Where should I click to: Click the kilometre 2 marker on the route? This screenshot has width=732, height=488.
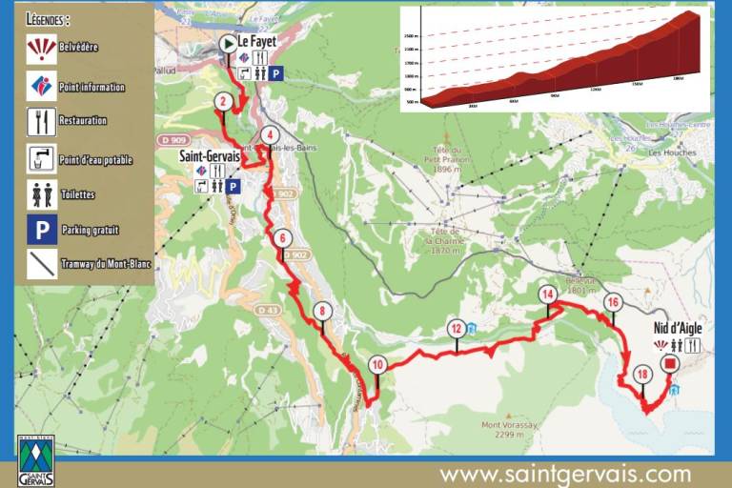(x=222, y=101)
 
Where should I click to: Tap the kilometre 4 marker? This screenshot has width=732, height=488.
(x=271, y=134)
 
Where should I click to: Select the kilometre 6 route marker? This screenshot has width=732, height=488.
(x=281, y=237)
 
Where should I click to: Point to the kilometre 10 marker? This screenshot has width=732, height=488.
(x=378, y=364)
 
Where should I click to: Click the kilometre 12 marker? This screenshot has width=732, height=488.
(x=457, y=329)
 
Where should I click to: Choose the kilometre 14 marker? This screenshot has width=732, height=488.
(x=547, y=295)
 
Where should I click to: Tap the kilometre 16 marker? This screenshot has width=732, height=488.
(x=613, y=302)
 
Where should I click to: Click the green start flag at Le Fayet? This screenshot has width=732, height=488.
(x=228, y=44)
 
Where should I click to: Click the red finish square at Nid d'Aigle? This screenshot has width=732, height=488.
(x=669, y=363)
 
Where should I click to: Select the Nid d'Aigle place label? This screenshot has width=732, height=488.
(x=678, y=327)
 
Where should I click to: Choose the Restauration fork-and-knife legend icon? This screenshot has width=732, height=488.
(x=42, y=121)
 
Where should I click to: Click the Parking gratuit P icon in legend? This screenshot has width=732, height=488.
(x=42, y=229)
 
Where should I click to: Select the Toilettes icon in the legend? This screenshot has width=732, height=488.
(x=42, y=193)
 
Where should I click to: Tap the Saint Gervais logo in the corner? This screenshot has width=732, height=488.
(x=36, y=462)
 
